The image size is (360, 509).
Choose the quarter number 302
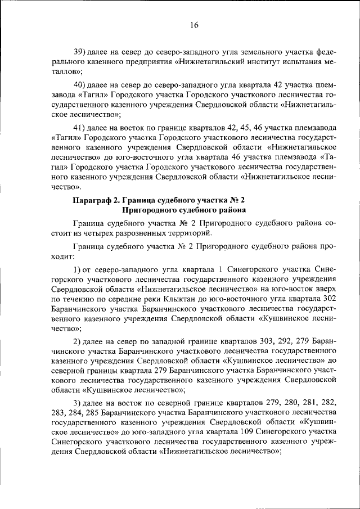tap(327, 299)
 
